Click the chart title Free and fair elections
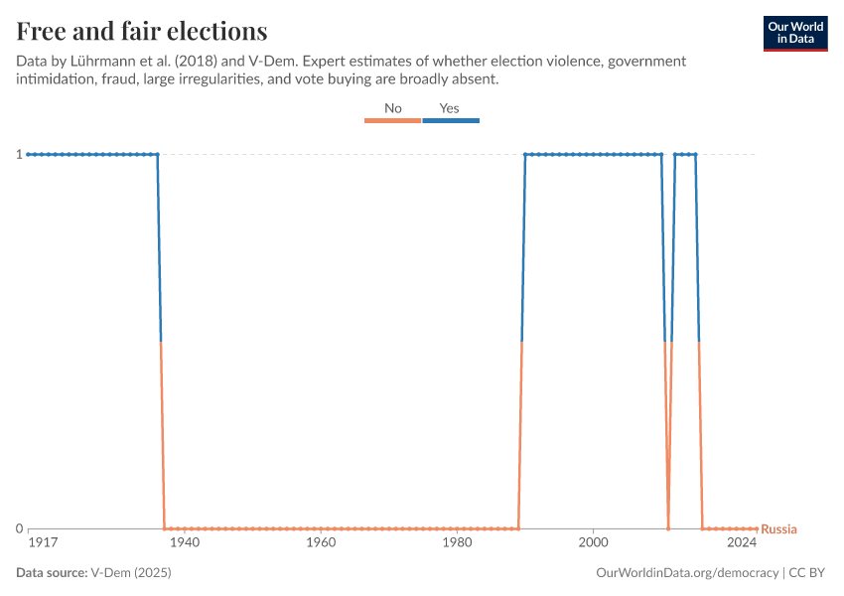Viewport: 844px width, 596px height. [141, 31]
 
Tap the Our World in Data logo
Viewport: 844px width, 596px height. [794, 33]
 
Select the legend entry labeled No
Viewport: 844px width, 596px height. [393, 108]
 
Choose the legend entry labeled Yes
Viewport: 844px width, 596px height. [450, 108]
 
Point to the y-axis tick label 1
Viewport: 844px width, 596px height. [18, 154]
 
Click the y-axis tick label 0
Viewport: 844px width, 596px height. [18, 528]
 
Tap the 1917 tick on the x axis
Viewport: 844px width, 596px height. [42, 543]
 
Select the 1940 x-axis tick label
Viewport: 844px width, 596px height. [185, 543]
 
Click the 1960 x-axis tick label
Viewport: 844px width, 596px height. [321, 543]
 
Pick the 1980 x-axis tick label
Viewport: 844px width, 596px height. [457, 543]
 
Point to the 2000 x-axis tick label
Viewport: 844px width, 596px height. [593, 543]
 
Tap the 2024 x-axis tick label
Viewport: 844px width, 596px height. [741, 543]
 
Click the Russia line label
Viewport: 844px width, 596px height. [778, 529]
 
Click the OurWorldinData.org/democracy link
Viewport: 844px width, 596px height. [686, 573]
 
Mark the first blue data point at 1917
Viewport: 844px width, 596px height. [28, 154]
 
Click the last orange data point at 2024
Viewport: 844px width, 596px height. [757, 528]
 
